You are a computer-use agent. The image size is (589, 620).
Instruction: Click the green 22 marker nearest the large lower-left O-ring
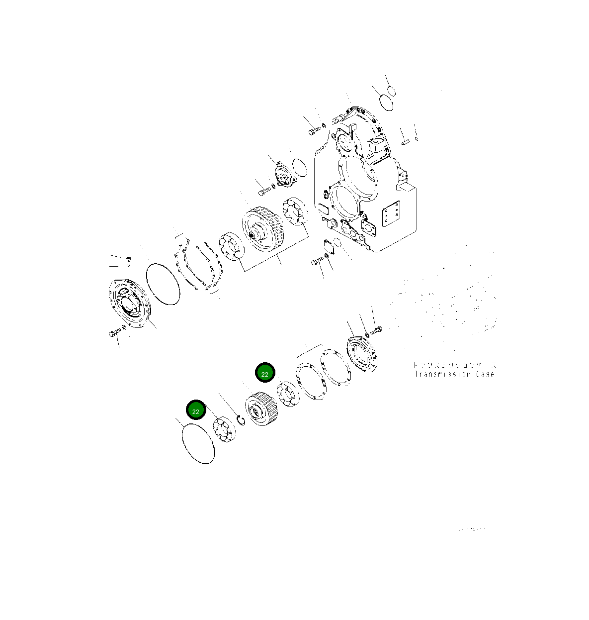coord(196,411)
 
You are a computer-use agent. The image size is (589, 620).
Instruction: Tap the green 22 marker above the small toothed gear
coord(264,373)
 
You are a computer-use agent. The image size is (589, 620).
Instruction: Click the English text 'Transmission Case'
coord(454,374)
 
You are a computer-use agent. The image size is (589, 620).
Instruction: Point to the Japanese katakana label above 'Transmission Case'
coord(454,365)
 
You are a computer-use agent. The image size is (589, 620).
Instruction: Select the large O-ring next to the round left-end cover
coord(163,283)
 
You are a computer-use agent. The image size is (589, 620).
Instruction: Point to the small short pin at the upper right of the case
coord(405,142)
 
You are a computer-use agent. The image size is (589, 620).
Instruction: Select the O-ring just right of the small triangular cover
coord(299,168)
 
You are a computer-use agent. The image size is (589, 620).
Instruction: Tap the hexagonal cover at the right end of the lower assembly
coord(363,354)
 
